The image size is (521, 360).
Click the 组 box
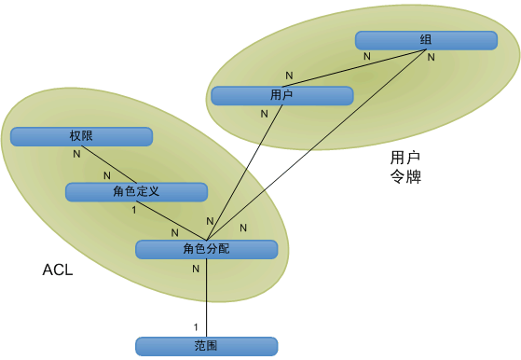click(425, 40)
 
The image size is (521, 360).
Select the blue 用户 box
click(281, 95)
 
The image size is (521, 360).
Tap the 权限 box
click(81, 136)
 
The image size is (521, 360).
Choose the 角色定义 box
click(135, 191)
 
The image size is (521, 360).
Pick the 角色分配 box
click(206, 249)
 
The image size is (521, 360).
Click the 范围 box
click(206, 346)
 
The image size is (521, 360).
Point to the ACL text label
click(58, 270)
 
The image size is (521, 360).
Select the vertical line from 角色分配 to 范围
click(206, 298)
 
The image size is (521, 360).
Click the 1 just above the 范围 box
click(196, 326)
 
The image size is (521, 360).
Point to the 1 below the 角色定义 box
click(134, 210)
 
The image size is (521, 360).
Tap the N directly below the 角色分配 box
click(196, 269)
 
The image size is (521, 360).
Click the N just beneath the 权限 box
click(76, 154)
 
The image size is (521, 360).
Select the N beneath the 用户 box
click(265, 114)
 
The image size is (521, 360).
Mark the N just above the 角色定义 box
click(106, 175)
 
